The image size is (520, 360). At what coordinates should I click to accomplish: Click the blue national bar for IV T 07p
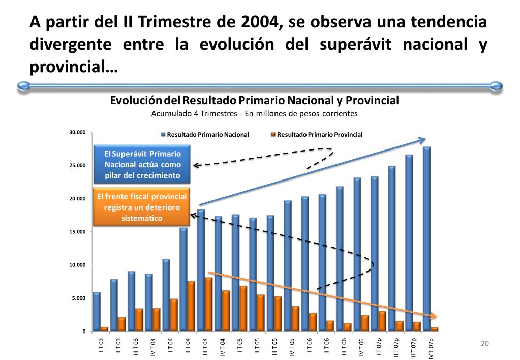(426, 239)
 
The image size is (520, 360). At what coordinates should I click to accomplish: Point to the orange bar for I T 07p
(382, 321)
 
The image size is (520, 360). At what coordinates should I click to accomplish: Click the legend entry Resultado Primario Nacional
(208, 135)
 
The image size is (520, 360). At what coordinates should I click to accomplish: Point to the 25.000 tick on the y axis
(77, 166)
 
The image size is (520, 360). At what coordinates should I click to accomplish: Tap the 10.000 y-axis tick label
(77, 265)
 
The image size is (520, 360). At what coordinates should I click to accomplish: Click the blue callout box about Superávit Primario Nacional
(142, 164)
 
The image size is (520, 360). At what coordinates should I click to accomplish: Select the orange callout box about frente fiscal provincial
(142, 207)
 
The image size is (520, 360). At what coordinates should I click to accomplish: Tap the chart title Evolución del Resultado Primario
(254, 100)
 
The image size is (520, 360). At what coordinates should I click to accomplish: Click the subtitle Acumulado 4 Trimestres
(254, 114)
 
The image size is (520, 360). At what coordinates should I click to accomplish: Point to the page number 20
(484, 344)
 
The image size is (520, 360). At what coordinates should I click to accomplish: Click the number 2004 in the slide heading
(257, 22)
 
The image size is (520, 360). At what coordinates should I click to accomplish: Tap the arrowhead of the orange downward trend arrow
(433, 316)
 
